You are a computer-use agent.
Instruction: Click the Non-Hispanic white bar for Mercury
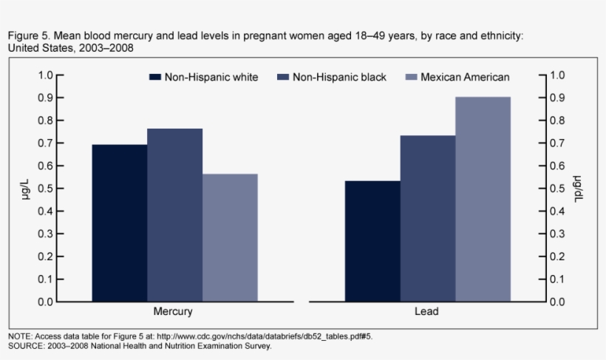tap(119, 223)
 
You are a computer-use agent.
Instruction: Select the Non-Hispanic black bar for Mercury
tap(174, 215)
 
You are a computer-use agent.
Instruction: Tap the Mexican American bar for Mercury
tap(230, 237)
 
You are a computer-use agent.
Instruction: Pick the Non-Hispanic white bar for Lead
tap(372, 241)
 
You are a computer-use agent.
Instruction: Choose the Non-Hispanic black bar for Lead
tap(428, 218)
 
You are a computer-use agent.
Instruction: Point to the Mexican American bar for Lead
tap(483, 199)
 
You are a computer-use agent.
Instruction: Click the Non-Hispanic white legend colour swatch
tap(154, 77)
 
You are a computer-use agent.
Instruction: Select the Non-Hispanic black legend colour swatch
tap(282, 77)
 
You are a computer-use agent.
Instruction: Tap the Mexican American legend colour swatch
tap(411, 77)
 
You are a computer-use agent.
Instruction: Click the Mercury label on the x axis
tap(173, 312)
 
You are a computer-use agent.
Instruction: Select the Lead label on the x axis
tap(427, 312)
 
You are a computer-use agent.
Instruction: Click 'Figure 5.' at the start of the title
tap(26, 35)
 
